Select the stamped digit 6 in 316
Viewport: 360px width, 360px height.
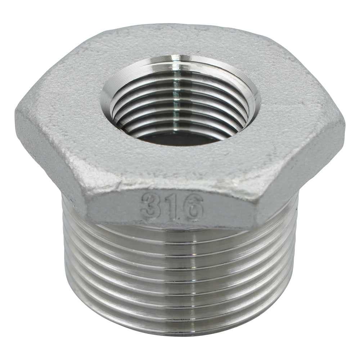pos(193,206)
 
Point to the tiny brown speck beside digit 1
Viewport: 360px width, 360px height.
pos(179,217)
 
